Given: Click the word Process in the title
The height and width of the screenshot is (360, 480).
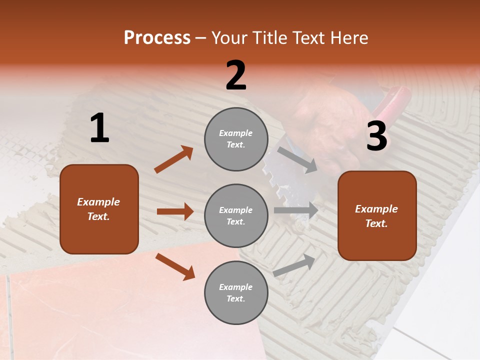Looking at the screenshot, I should (x=157, y=37).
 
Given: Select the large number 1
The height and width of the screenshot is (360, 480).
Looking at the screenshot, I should (x=99, y=128).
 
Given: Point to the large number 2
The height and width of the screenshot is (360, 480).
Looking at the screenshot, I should (x=236, y=75).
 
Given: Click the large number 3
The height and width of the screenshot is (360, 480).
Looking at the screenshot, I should (x=376, y=136).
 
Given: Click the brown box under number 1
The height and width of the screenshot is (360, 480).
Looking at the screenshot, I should (x=99, y=209).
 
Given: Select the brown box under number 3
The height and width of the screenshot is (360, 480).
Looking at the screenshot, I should (x=377, y=216).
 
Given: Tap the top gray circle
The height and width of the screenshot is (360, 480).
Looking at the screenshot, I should (x=236, y=139).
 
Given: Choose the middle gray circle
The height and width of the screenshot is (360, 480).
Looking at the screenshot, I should (x=236, y=216).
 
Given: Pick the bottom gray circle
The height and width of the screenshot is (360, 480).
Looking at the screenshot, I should (x=236, y=293).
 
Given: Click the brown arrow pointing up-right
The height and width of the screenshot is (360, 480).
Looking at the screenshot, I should (x=174, y=159).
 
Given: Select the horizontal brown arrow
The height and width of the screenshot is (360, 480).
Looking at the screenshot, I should (x=175, y=211).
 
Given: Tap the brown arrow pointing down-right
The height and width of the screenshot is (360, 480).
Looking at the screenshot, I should (x=175, y=266).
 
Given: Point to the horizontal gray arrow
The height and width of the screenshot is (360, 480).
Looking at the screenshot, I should (x=295, y=210).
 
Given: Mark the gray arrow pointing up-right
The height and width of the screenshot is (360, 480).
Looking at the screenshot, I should (x=294, y=265).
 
